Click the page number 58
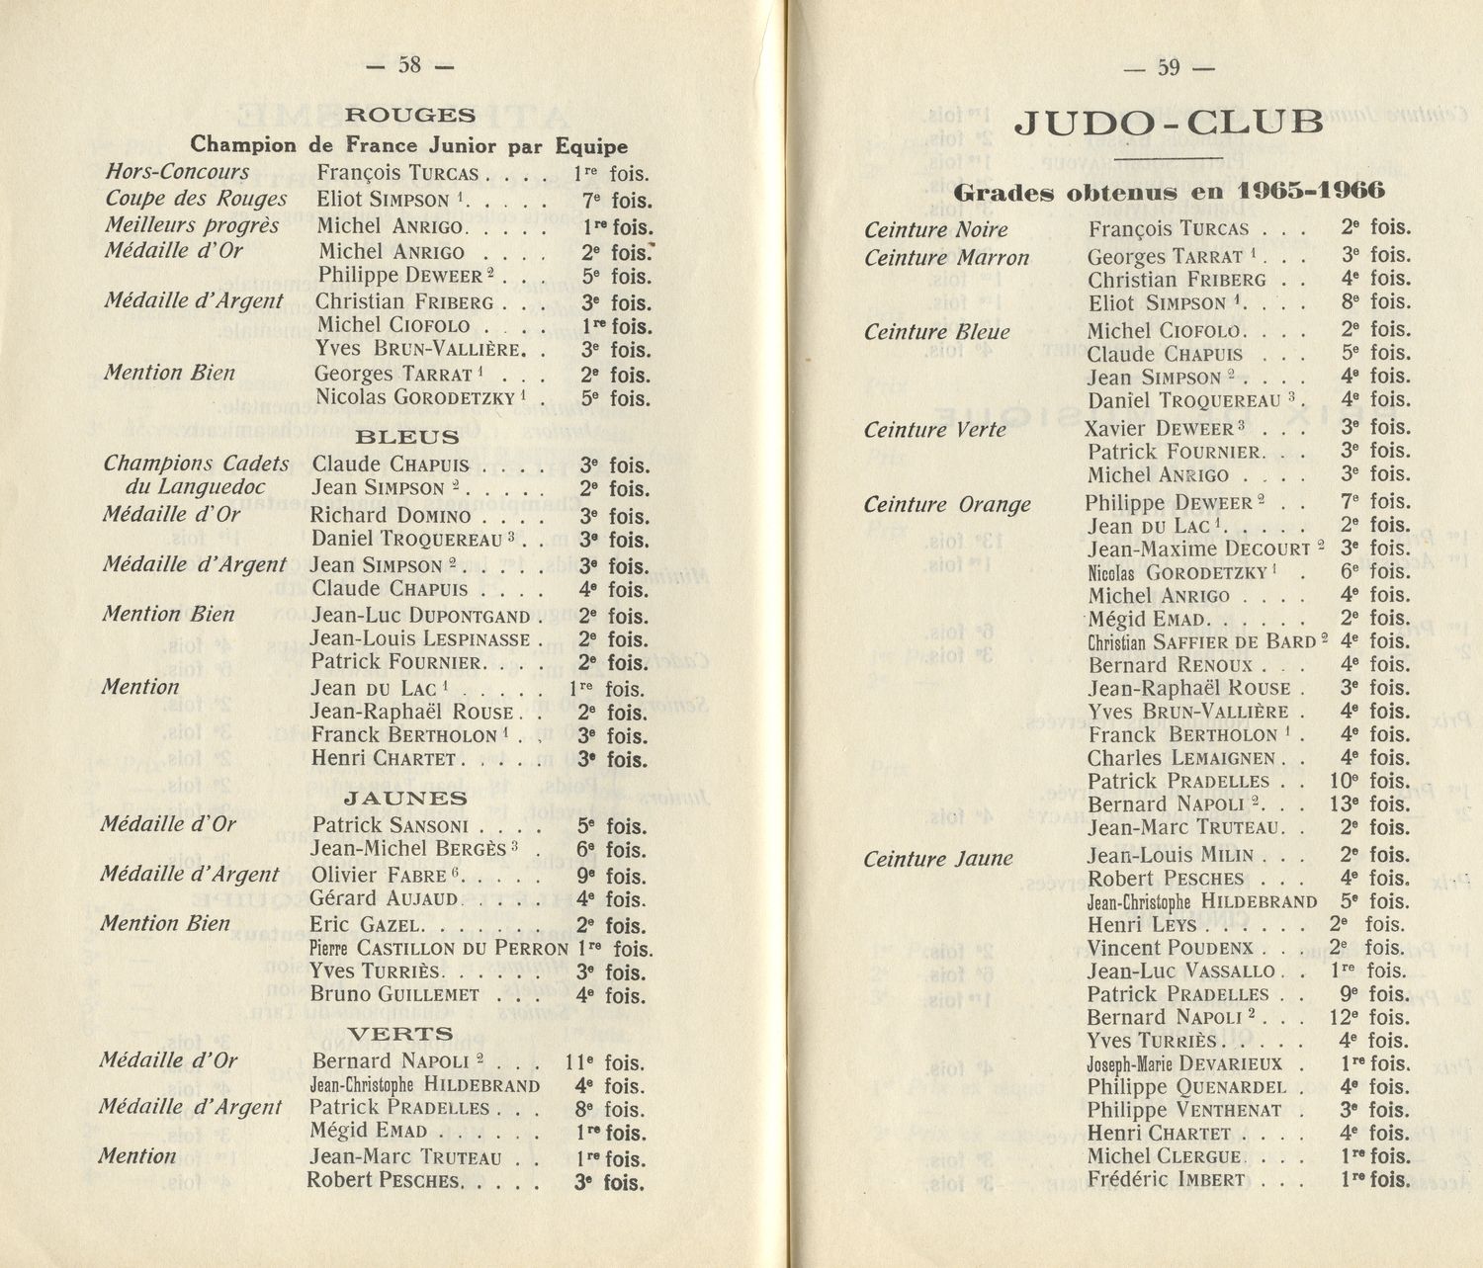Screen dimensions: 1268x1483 point(409,65)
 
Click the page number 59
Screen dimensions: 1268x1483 point(1169,67)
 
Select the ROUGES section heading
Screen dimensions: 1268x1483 point(410,115)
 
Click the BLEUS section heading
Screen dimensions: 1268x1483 point(406,436)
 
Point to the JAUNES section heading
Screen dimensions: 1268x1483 point(405,798)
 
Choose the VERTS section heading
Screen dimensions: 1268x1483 point(400,1034)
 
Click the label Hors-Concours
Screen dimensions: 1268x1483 point(177,172)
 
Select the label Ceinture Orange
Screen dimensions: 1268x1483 point(946,505)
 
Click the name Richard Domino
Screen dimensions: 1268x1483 point(391,516)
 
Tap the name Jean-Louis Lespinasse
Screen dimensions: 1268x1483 point(420,639)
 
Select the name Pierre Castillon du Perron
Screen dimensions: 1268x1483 point(438,949)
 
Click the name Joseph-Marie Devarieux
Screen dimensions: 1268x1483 point(1183,1064)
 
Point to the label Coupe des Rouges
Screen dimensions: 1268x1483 point(196,199)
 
